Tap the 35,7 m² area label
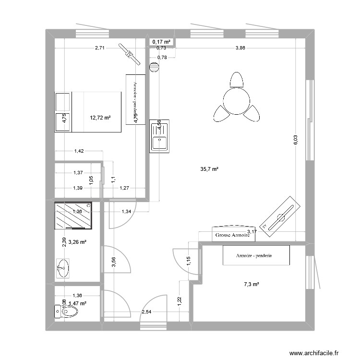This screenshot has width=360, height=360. coord(210,169)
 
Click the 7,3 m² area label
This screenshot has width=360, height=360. coord(252,284)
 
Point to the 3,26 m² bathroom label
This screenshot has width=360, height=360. coord(77,242)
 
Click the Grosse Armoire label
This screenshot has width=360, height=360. coord(233,235)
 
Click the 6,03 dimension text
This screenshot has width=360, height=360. coord(296,140)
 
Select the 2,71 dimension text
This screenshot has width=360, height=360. coord(100,48)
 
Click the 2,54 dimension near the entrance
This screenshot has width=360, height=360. coord(146,312)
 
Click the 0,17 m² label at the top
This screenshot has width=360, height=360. coord(162,42)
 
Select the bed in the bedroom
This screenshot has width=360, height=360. coord(88,111)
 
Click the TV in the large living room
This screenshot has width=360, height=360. coord(281,216)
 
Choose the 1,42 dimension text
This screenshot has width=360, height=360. coord(79,151)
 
